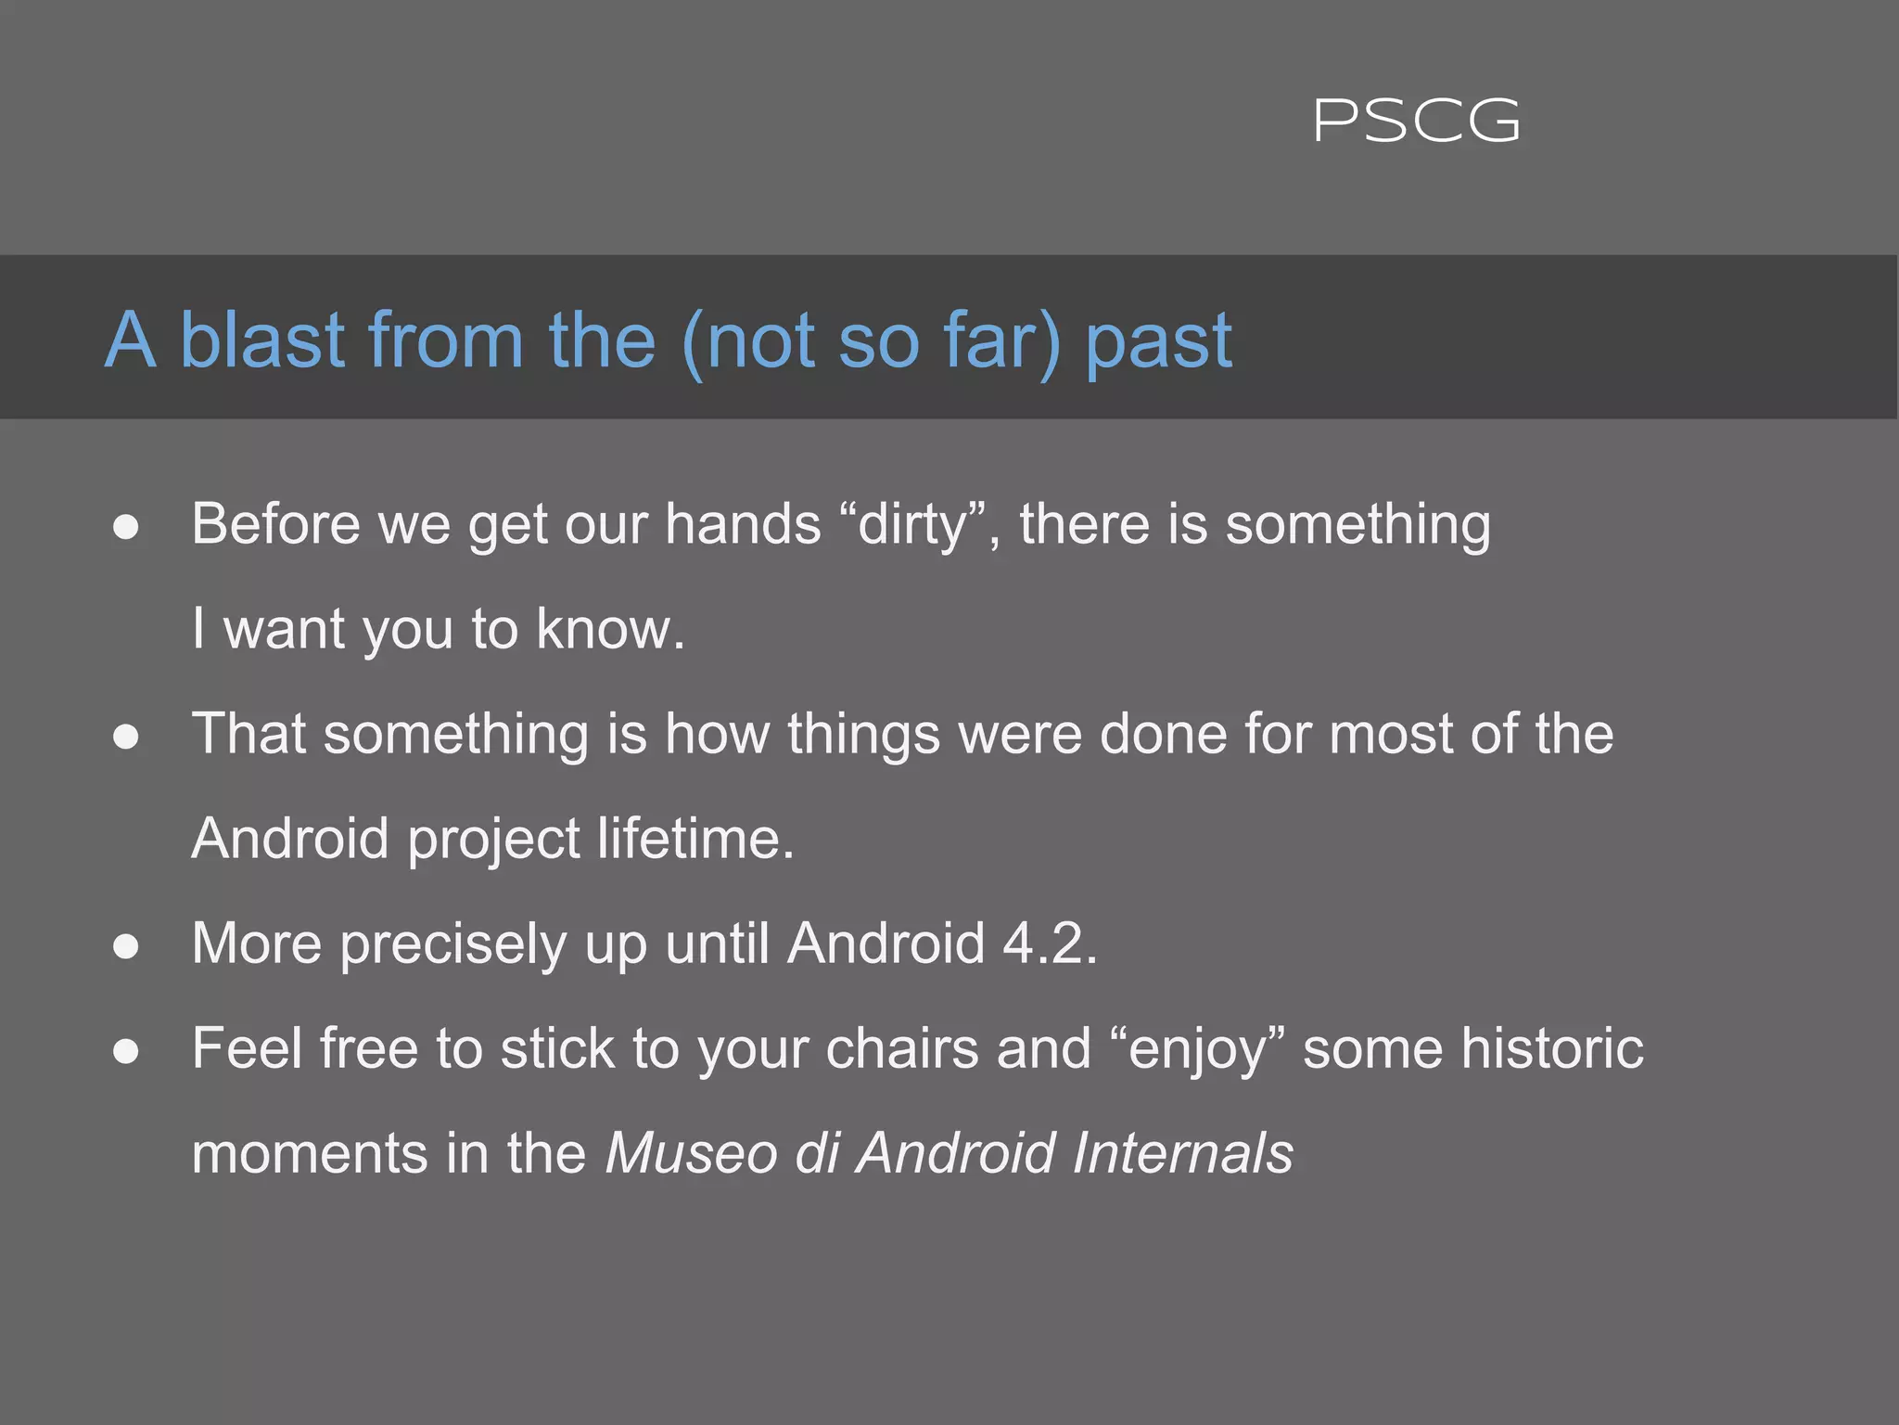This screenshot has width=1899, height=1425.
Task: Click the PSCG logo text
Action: click(1417, 122)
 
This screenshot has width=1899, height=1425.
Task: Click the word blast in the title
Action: click(261, 340)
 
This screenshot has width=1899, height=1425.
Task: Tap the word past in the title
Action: click(1158, 340)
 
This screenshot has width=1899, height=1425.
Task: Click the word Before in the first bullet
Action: click(275, 524)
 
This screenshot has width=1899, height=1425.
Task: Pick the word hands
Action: click(743, 524)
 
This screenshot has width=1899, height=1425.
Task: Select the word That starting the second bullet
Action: click(249, 734)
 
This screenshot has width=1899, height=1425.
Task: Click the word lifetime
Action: click(695, 839)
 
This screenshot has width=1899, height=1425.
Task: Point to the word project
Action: click(492, 839)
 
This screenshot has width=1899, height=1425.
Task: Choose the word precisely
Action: click(452, 944)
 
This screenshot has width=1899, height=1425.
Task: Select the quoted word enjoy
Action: click(1197, 1048)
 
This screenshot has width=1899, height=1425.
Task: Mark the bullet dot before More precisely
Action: click(126, 946)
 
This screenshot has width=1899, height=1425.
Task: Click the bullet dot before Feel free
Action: click(126, 1051)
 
